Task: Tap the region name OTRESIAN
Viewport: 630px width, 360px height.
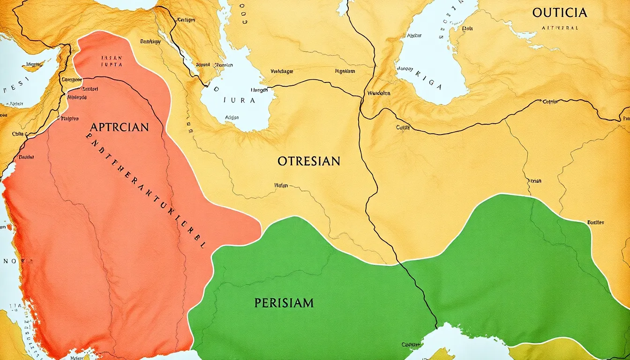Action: pyautogui.click(x=308, y=161)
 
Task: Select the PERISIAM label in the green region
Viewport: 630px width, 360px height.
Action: pyautogui.click(x=284, y=303)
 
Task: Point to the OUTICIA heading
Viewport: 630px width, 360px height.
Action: pyautogui.click(x=559, y=13)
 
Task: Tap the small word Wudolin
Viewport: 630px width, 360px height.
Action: pyautogui.click(x=379, y=93)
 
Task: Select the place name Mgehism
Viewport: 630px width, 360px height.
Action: pyautogui.click(x=345, y=71)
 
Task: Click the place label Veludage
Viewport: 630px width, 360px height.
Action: pyautogui.click(x=282, y=72)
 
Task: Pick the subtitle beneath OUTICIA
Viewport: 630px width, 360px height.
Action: pyautogui.click(x=560, y=28)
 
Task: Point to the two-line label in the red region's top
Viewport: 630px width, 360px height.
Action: pyautogui.click(x=112, y=63)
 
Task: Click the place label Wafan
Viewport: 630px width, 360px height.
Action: pyautogui.click(x=280, y=185)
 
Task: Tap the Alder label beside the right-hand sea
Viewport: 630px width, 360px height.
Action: pyautogui.click(x=414, y=35)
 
